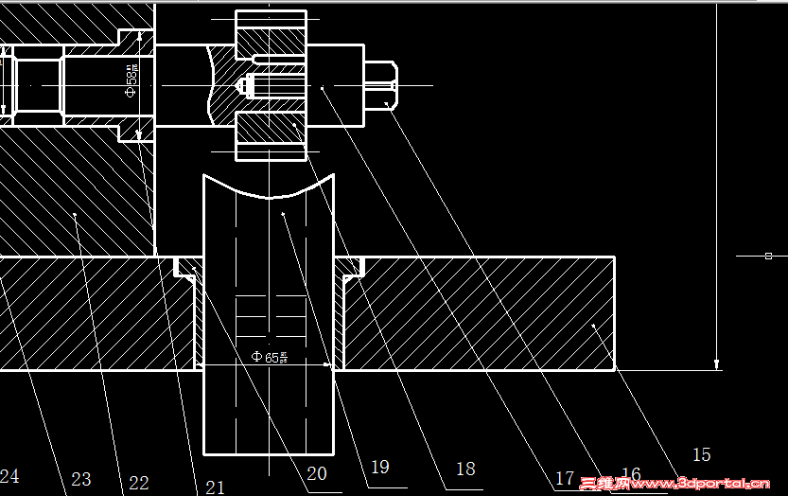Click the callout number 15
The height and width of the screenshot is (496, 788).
pos(701,455)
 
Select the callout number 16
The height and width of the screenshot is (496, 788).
pos(631,474)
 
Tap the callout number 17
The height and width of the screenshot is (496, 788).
pos(565,479)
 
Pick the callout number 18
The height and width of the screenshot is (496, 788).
pos(465,469)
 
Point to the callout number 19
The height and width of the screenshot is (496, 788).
pos(380,467)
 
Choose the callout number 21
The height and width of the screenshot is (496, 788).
pos(215,487)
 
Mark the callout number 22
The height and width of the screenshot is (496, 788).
pos(139,483)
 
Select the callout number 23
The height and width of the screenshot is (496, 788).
pos(81,479)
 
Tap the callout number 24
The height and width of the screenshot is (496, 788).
pos(9,475)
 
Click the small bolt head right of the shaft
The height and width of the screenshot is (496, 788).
pos(381,85)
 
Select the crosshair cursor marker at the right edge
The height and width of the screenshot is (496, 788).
pos(767,256)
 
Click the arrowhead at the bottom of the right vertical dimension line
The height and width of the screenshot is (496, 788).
pos(717,363)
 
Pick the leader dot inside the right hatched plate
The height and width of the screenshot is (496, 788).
pos(593,326)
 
